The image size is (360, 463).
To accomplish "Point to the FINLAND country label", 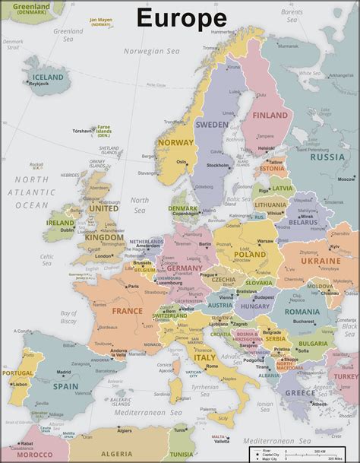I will pyautogui.click(x=270, y=116).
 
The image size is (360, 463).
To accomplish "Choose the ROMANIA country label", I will pyautogui.click(x=303, y=312).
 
